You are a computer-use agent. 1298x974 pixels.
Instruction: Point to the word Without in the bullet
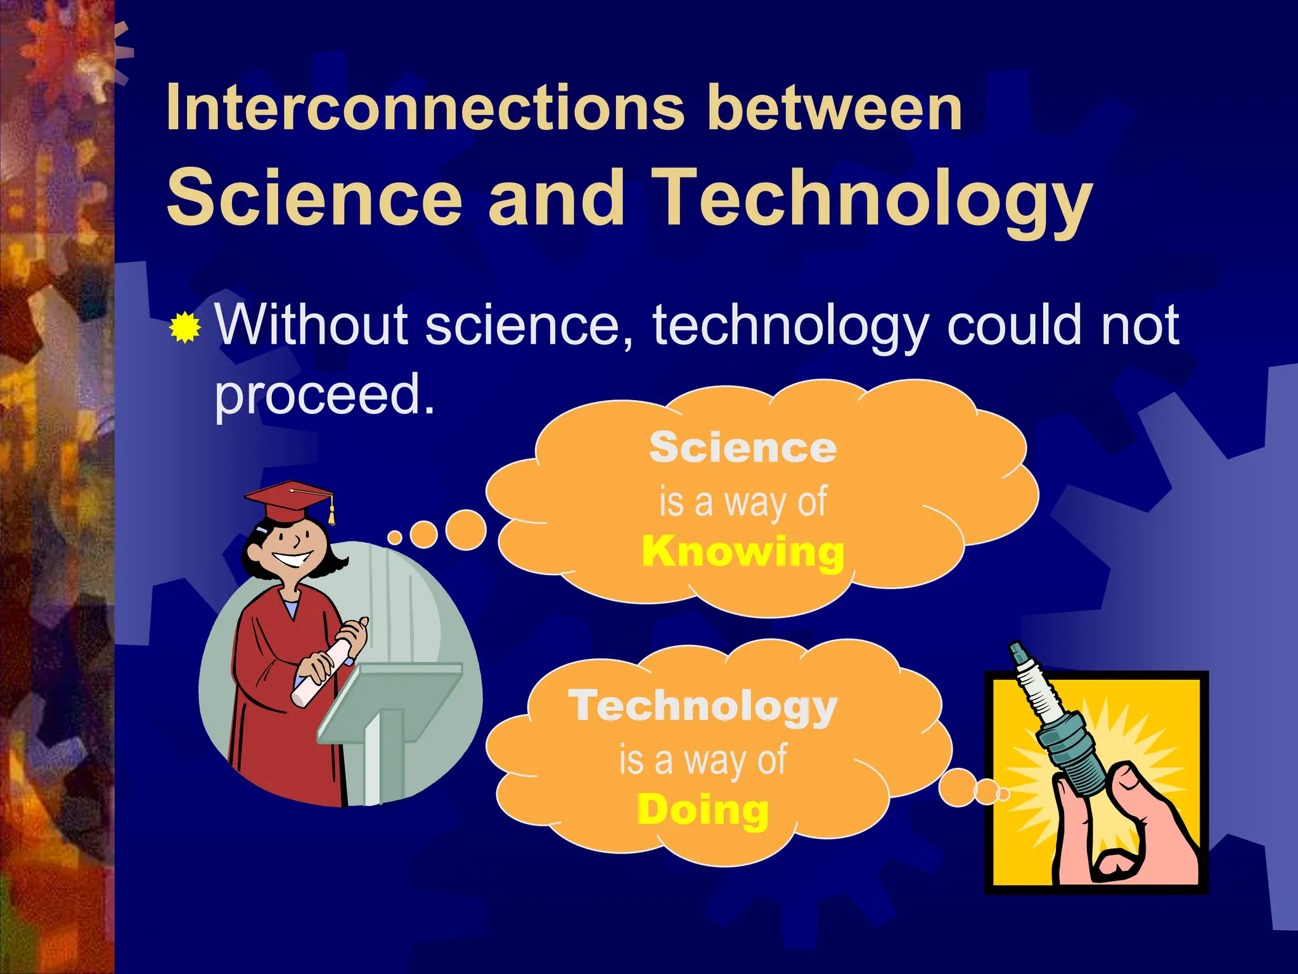(x=311, y=325)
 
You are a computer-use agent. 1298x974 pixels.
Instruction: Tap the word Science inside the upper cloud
(x=743, y=448)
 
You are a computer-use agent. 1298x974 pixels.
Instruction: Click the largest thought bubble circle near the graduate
(x=466, y=529)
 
